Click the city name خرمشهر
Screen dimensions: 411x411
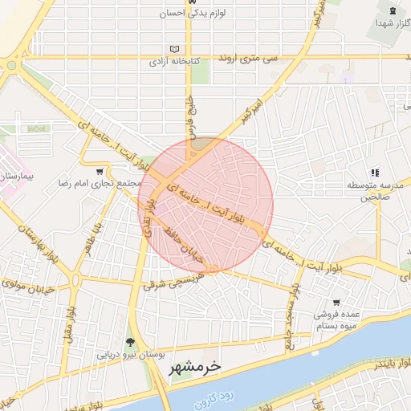(196, 369)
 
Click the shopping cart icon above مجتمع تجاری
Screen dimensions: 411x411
(100, 172)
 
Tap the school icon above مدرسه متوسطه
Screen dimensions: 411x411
(374, 172)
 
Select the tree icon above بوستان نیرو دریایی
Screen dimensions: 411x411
(130, 342)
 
